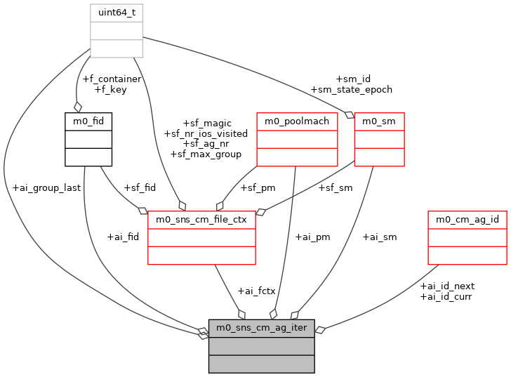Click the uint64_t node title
click(117, 13)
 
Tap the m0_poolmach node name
click(297, 121)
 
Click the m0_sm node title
click(379, 121)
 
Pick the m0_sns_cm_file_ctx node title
click(201, 219)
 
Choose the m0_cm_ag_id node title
click(467, 219)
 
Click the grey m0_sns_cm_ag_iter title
click(261, 328)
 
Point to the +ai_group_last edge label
click(46, 188)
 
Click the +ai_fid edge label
click(123, 237)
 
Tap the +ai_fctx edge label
click(256, 291)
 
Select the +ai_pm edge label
click(313, 237)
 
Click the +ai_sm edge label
click(380, 237)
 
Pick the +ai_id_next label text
click(447, 286)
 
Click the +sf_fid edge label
click(140, 188)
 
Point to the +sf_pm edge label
click(258, 188)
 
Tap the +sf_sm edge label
click(336, 188)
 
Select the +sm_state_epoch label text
click(352, 89)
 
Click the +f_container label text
click(112, 79)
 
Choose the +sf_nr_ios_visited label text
click(206, 133)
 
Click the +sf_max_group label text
click(206, 154)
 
